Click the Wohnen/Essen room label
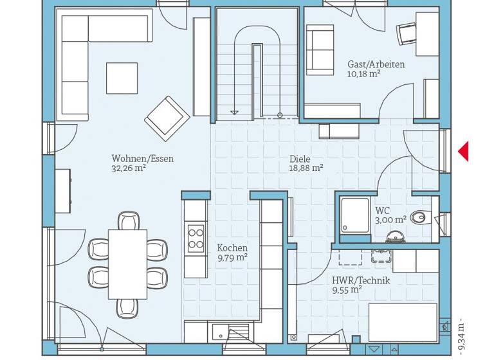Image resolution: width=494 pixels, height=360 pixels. coord(142,159)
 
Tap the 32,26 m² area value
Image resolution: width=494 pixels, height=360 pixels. coord(129,168)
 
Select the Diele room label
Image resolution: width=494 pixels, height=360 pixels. coord(300,159)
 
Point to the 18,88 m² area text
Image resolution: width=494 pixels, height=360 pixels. coord(306,168)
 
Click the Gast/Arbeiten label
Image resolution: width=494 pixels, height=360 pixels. coord(376,64)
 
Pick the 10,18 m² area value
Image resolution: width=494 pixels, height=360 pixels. coord(363,74)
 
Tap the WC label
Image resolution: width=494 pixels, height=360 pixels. coord(383,210)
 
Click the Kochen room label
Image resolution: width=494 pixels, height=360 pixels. coord(232,248)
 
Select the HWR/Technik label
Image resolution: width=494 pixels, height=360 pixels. coord(361,280)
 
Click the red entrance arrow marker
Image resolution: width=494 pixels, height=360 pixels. coord(463,152)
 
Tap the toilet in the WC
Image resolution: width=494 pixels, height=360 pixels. coord(421,217)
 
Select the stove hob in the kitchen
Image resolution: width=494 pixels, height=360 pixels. coord(196,238)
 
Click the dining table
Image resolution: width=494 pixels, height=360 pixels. coord(127,264)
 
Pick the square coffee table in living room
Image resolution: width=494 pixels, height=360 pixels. coord(122,78)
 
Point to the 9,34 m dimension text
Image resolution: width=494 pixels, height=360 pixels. coord(461,335)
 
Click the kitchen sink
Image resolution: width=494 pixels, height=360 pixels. coord(219,333)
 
